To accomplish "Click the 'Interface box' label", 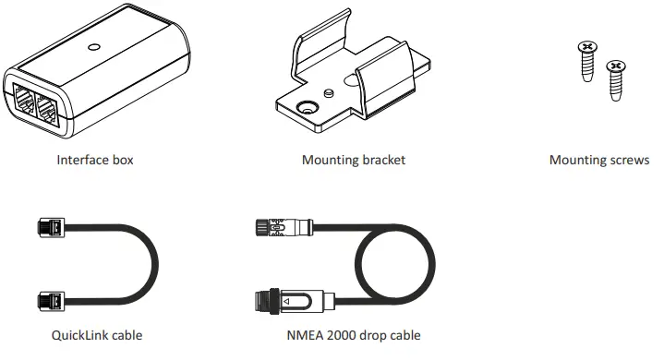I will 95,160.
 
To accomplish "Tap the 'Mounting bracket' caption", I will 353,160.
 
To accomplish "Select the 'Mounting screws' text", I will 598,160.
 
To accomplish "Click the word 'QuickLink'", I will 79,335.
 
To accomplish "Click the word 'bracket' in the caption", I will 381,160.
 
